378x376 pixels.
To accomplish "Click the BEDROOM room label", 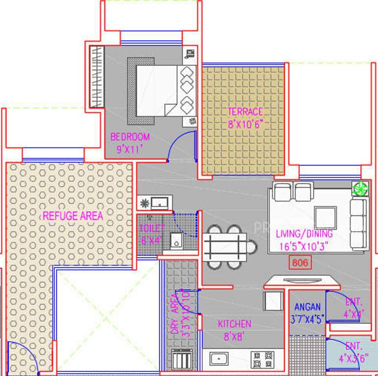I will click(130, 137).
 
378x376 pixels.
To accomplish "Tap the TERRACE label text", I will click(245, 112).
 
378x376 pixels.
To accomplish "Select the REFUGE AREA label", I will click(72, 215).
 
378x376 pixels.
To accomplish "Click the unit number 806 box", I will click(300, 263).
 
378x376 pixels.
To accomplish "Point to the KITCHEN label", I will click(235, 324).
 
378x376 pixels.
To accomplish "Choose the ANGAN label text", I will click(307, 307).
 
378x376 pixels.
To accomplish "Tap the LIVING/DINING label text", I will click(304, 234).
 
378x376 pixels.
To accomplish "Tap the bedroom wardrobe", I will click(96, 77).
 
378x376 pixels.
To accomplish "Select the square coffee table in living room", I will click(325, 215).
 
